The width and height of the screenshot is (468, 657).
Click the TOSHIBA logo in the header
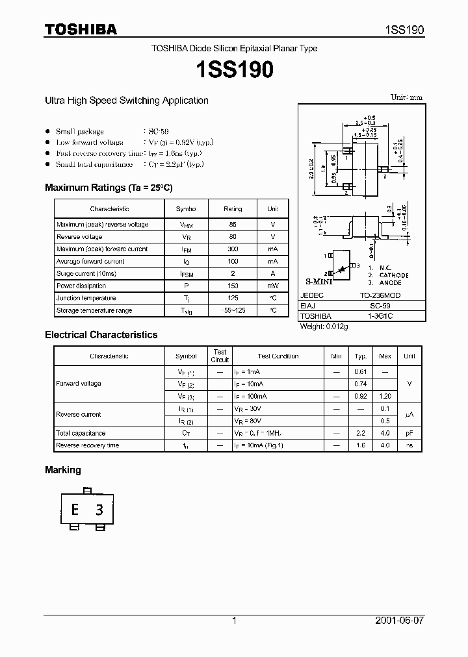click(x=81, y=29)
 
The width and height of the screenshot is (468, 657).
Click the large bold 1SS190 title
click(x=234, y=70)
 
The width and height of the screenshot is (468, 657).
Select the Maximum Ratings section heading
click(x=109, y=188)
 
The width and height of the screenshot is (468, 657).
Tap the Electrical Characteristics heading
click(x=101, y=335)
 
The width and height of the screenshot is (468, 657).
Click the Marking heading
click(x=62, y=470)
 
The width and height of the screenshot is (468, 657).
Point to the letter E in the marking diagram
click(x=75, y=510)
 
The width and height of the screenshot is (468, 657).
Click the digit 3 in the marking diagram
click(x=99, y=510)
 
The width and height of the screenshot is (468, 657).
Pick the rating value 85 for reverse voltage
click(x=233, y=225)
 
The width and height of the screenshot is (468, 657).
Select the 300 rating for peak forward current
click(x=233, y=249)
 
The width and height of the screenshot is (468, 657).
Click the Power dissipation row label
click(x=81, y=286)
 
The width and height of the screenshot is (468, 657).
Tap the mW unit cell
click(x=272, y=286)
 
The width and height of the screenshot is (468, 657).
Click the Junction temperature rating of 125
click(x=233, y=298)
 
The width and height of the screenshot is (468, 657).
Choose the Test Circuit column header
click(x=220, y=356)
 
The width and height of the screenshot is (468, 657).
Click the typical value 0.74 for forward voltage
click(x=360, y=384)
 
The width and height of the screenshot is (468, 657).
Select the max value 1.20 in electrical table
click(x=385, y=396)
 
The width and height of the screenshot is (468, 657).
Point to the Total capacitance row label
click(x=81, y=433)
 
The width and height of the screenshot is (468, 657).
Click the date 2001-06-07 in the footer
click(x=400, y=621)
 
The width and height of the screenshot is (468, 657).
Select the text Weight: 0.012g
click(x=324, y=327)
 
